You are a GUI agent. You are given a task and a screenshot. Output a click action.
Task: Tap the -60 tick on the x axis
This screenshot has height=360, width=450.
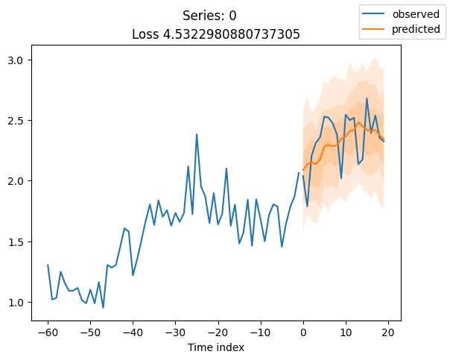click(x=48, y=332)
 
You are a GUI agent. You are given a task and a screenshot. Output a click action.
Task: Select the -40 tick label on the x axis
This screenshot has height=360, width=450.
click(x=133, y=332)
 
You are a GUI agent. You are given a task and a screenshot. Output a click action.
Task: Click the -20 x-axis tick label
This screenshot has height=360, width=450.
click(x=218, y=332)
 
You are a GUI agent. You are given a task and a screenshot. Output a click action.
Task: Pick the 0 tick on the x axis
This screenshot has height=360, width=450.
click(x=303, y=332)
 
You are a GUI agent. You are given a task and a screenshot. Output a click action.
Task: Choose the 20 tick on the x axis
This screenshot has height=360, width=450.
click(x=388, y=332)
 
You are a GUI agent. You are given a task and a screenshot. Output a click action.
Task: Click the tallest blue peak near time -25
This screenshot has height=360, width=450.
click(x=197, y=134)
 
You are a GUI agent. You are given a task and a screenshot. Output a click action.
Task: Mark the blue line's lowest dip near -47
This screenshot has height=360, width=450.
click(x=103, y=308)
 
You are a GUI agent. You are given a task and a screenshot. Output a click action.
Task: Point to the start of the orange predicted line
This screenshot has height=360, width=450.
click(x=303, y=170)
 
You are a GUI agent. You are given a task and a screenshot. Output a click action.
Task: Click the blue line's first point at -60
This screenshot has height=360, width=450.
click(x=48, y=265)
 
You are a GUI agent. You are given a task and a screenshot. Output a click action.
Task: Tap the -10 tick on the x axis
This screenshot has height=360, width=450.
click(x=261, y=332)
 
